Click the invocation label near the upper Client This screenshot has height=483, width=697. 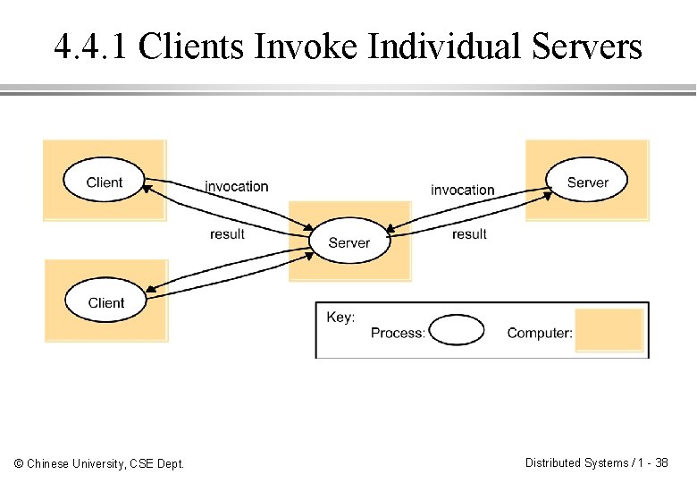pyautogui.click(x=237, y=186)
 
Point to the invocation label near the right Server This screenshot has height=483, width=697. pyautogui.click(x=462, y=190)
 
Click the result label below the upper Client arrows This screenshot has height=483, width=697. pyautogui.click(x=227, y=234)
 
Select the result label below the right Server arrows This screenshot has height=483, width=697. pyautogui.click(x=469, y=234)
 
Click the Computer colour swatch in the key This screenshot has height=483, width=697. pyautogui.click(x=609, y=330)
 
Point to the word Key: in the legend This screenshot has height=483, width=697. pyautogui.click(x=340, y=318)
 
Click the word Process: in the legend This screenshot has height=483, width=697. pyautogui.click(x=398, y=333)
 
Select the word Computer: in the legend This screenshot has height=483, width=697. pyautogui.click(x=540, y=333)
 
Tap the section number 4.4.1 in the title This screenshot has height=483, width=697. pyautogui.click(x=90, y=47)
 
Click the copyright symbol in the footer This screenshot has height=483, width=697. pyautogui.click(x=19, y=463)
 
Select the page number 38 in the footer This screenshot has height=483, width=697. pyautogui.click(x=661, y=462)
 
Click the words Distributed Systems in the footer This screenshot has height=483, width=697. pyautogui.click(x=576, y=463)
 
